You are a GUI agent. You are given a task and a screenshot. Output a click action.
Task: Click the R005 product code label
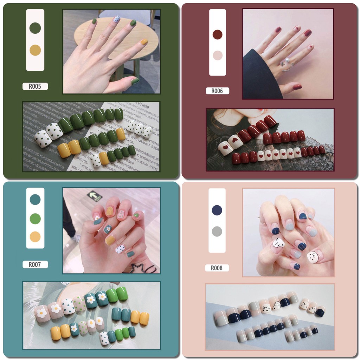pyautogui.click(x=35, y=86)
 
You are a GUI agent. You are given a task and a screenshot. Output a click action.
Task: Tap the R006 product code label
pyautogui.click(x=217, y=91)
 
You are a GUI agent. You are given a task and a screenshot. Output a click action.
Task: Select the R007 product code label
pyautogui.click(x=35, y=264)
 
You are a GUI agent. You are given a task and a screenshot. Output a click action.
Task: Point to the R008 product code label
pyautogui.click(x=217, y=268)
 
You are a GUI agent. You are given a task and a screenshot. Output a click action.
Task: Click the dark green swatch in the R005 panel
pyautogui.click(x=35, y=28)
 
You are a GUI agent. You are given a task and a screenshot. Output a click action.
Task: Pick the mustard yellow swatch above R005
pyautogui.click(x=35, y=50)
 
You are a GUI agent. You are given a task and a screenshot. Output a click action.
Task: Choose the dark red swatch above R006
pyautogui.click(x=217, y=34)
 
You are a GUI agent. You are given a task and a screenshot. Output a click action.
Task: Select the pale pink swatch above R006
pyautogui.click(x=217, y=55)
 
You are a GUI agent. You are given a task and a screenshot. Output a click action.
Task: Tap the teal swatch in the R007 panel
pyautogui.click(x=35, y=199)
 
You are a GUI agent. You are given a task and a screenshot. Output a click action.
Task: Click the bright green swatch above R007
pyautogui.click(x=35, y=219)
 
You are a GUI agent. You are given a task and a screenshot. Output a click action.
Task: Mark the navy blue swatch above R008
pyautogui.click(x=217, y=210)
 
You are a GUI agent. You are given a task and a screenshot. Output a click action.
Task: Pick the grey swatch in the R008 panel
pyautogui.click(x=217, y=231)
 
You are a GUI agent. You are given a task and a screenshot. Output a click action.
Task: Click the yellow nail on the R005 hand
pyautogui.click(x=144, y=42)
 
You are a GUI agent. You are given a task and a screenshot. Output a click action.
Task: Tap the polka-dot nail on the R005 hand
pyautogui.click(x=117, y=19)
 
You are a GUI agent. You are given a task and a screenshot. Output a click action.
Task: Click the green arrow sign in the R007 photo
pyautogui.click(x=95, y=195)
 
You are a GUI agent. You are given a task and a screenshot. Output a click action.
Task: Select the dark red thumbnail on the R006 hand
pyautogui.click(x=297, y=87)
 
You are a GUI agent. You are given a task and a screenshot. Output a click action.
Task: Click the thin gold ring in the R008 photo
pyautogui.click(x=263, y=222)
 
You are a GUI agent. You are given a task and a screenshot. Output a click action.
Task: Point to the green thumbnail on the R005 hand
pyautogui.click(x=135, y=81)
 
